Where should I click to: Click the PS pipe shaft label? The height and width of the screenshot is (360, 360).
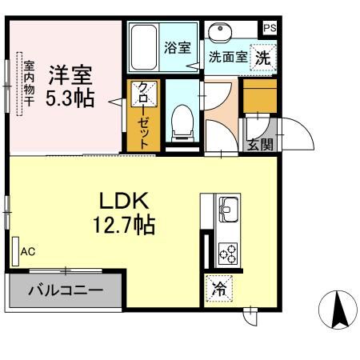point(270,28)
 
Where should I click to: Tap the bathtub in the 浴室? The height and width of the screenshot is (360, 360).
point(144,47)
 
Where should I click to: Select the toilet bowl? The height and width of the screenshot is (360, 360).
point(182,123)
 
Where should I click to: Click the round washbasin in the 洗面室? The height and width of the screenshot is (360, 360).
point(220,32)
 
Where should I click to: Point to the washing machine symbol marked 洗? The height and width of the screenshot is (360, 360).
point(263,58)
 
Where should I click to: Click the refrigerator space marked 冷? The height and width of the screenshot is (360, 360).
point(219,289)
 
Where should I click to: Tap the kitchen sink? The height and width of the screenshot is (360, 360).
point(228,210)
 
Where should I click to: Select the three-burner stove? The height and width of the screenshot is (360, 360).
point(228,253)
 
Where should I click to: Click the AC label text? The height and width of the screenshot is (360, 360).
point(28,251)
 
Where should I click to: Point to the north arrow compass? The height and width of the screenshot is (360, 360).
point(338,310)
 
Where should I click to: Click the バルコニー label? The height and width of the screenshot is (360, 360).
point(66,290)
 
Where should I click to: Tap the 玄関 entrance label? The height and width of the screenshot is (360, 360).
point(260,145)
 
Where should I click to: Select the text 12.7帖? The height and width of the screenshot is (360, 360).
point(124,225)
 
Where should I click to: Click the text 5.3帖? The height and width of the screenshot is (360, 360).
point(70,98)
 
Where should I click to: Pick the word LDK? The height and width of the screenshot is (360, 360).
point(124,201)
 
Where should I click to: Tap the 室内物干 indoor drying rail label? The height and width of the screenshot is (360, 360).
point(29,83)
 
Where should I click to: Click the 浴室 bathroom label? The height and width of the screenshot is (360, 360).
point(178,48)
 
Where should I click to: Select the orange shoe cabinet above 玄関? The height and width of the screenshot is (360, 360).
point(260,96)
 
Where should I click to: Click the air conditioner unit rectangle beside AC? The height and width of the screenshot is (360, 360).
point(15,251)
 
